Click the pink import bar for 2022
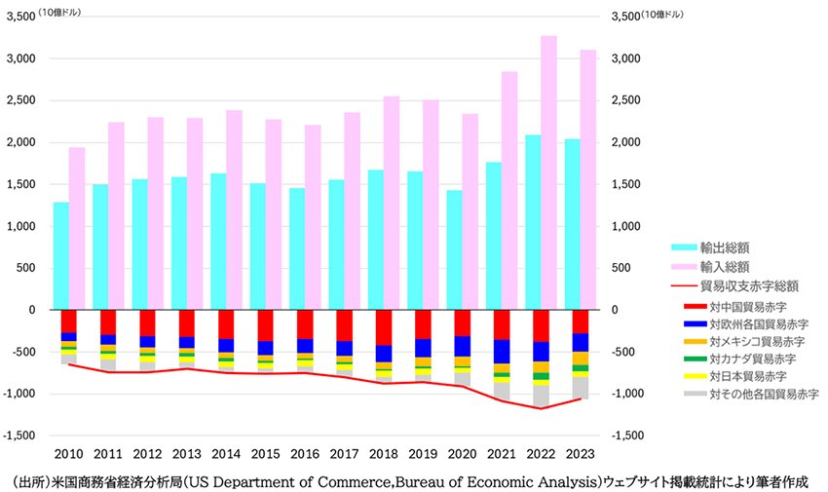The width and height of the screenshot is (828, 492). pos(549,172)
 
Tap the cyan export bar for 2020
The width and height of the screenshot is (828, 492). pos(454,249)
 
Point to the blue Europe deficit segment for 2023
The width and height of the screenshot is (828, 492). pos(580,342)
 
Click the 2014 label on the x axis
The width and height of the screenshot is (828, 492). pos(226,453)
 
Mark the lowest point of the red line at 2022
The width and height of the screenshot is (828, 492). pos(540,408)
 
